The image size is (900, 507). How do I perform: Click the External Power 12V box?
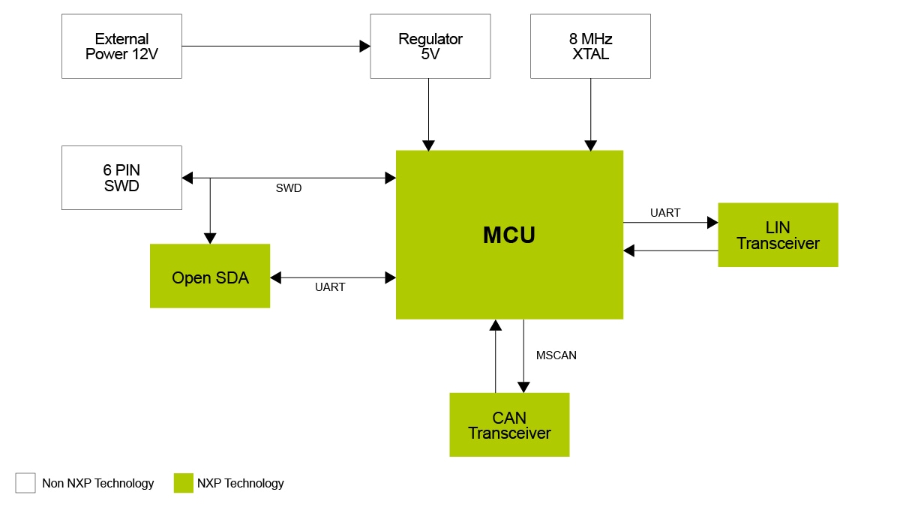click(121, 46)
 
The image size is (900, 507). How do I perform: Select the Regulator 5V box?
click(430, 46)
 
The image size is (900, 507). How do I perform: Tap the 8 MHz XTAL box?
click(590, 46)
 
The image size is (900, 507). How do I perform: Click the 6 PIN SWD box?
click(121, 178)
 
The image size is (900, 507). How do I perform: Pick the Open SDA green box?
click(210, 276)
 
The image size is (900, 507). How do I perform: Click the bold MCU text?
click(509, 235)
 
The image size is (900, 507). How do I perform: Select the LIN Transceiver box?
click(778, 235)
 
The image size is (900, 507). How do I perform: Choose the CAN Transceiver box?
click(509, 424)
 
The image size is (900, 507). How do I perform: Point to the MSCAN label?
click(556, 355)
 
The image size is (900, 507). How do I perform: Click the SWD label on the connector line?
click(289, 188)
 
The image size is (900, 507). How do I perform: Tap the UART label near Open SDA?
click(330, 287)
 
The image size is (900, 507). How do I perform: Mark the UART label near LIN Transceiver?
click(665, 213)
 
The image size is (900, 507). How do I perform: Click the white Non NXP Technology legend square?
click(25, 483)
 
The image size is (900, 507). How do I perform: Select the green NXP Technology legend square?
click(184, 483)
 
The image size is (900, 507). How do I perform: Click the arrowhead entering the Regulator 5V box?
click(365, 46)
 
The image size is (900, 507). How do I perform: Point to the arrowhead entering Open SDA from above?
click(210, 238)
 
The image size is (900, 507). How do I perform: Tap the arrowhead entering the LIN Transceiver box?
click(712, 223)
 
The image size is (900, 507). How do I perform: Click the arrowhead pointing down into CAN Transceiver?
click(523, 387)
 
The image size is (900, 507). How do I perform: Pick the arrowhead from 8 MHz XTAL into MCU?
click(590, 145)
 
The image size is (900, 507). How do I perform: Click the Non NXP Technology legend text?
click(98, 484)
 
